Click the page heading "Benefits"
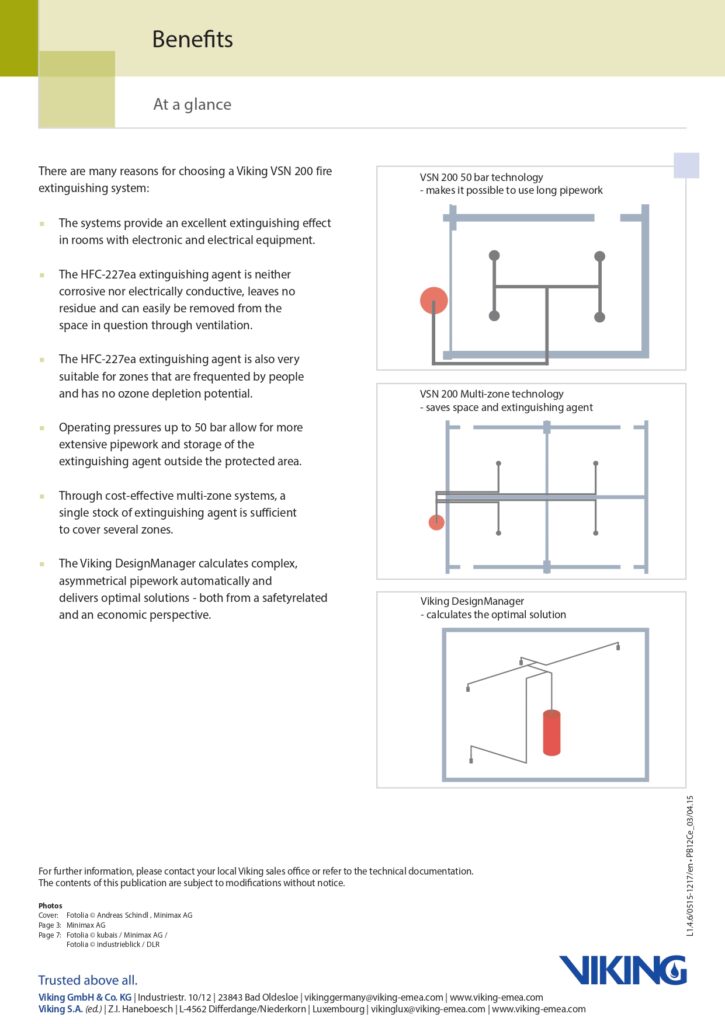[x=192, y=40]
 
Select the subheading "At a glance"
[x=192, y=104]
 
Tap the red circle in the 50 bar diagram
[x=433, y=299]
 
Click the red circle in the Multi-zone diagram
[x=436, y=521]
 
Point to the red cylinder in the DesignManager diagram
[x=551, y=732]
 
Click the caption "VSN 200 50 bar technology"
[x=481, y=177]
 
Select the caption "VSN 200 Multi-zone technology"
[x=491, y=394]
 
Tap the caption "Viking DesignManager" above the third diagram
[x=472, y=602]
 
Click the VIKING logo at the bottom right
[x=622, y=969]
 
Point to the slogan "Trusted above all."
[x=88, y=980]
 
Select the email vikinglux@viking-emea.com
[x=427, y=1010]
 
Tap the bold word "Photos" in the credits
[x=50, y=906]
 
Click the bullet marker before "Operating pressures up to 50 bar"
[x=42, y=428]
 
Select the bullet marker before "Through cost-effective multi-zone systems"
[x=42, y=496]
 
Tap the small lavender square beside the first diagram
[x=686, y=166]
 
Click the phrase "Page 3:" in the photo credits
[x=50, y=925]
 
